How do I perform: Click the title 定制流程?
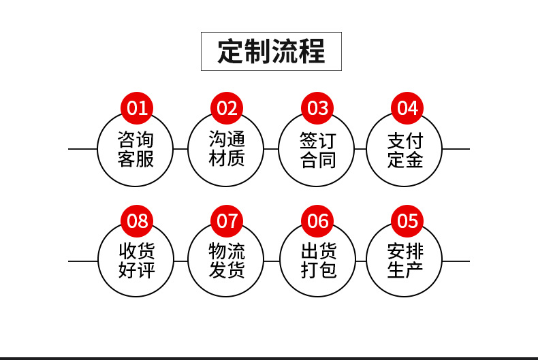[x=271, y=52]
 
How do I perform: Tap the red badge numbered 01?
[x=137, y=108]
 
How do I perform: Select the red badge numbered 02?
[x=227, y=108]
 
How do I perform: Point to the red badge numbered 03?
[x=317, y=108]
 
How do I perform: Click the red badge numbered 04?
[x=407, y=108]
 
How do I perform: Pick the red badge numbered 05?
[x=407, y=220]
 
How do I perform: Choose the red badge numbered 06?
[x=317, y=220]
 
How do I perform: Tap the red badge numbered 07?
[x=227, y=220]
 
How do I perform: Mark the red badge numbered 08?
[x=137, y=220]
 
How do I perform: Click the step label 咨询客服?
[x=136, y=149]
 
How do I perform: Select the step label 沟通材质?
[x=227, y=148]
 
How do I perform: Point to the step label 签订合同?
[x=318, y=150]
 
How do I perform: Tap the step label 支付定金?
[x=405, y=150]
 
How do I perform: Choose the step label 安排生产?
[x=405, y=261]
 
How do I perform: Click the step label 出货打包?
[x=319, y=260]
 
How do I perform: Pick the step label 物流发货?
[x=227, y=260]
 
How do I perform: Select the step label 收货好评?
[x=137, y=260]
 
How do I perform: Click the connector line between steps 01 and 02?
[x=180, y=149]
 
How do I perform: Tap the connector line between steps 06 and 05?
[x=361, y=261]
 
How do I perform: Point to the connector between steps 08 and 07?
[x=181, y=261]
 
